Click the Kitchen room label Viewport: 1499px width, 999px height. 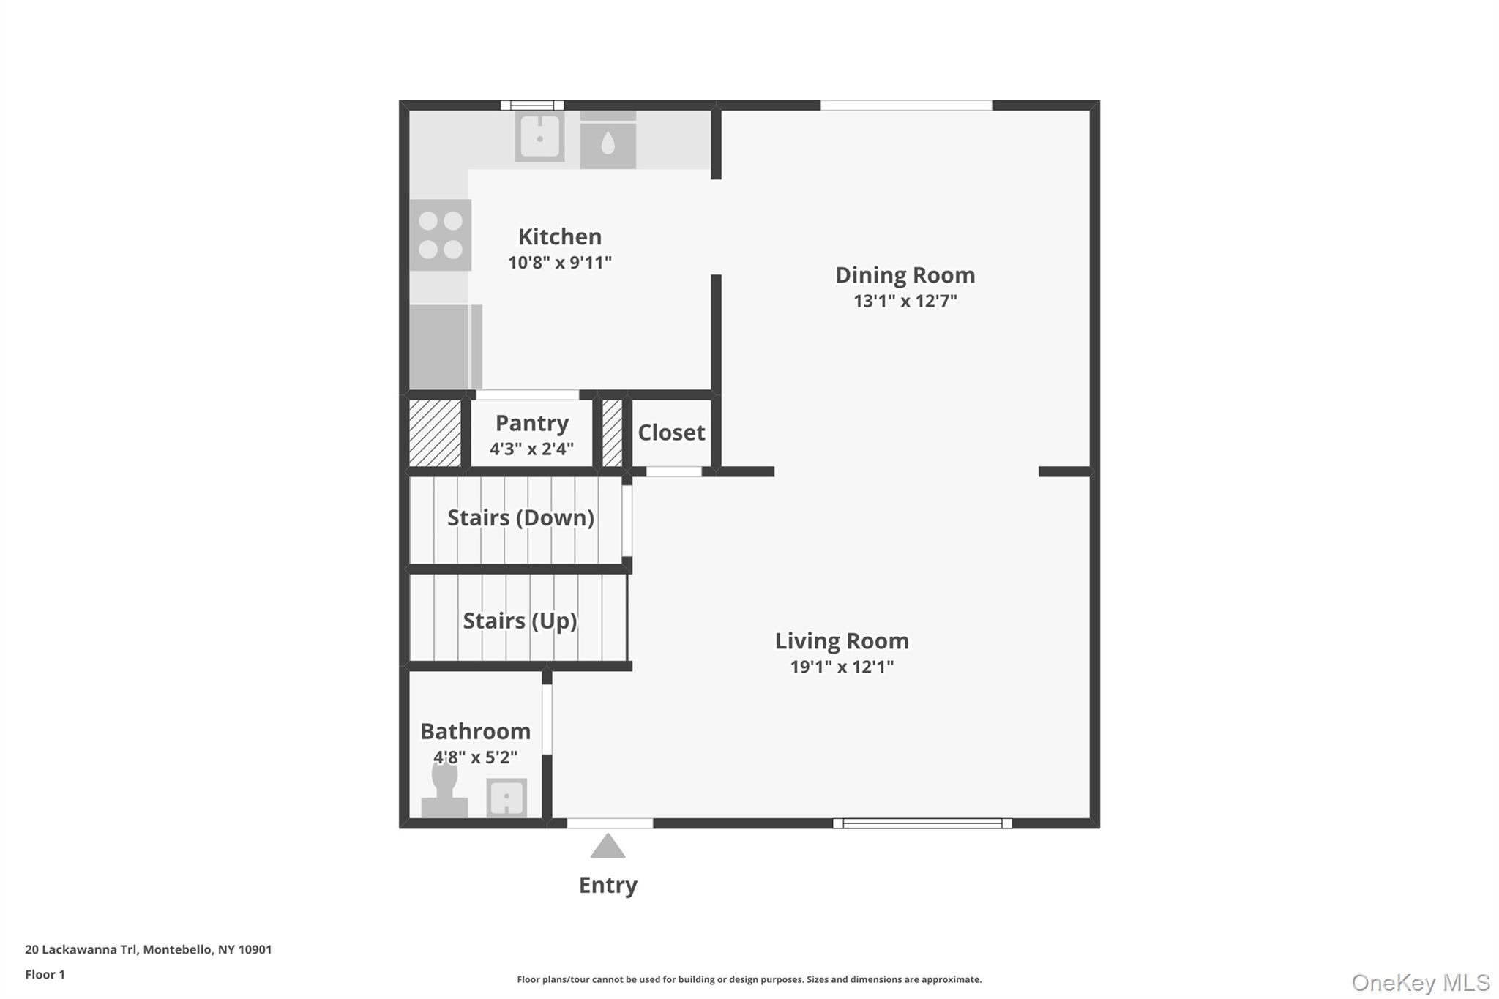click(560, 236)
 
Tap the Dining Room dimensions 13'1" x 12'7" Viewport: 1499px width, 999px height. click(905, 301)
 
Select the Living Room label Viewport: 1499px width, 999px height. click(842, 641)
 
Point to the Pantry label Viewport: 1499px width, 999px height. click(531, 423)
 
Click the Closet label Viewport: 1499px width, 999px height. click(671, 433)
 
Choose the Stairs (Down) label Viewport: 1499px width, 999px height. click(520, 517)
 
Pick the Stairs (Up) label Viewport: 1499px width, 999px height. click(520, 621)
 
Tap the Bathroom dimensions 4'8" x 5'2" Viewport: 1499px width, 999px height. click(475, 757)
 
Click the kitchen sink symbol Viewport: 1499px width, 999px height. click(540, 136)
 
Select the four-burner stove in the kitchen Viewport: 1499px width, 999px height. click(440, 235)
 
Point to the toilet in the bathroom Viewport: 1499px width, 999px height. click(444, 791)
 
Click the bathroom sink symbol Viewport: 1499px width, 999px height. click(506, 797)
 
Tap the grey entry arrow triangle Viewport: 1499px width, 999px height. click(608, 847)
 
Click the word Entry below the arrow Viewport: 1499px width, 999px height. click(608, 886)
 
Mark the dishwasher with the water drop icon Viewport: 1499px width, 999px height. click(608, 145)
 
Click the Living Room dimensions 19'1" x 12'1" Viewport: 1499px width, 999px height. click(842, 667)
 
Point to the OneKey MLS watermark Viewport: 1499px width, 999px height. click(1420, 982)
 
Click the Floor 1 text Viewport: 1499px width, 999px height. click(45, 974)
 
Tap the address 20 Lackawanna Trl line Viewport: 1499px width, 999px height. click(148, 949)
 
